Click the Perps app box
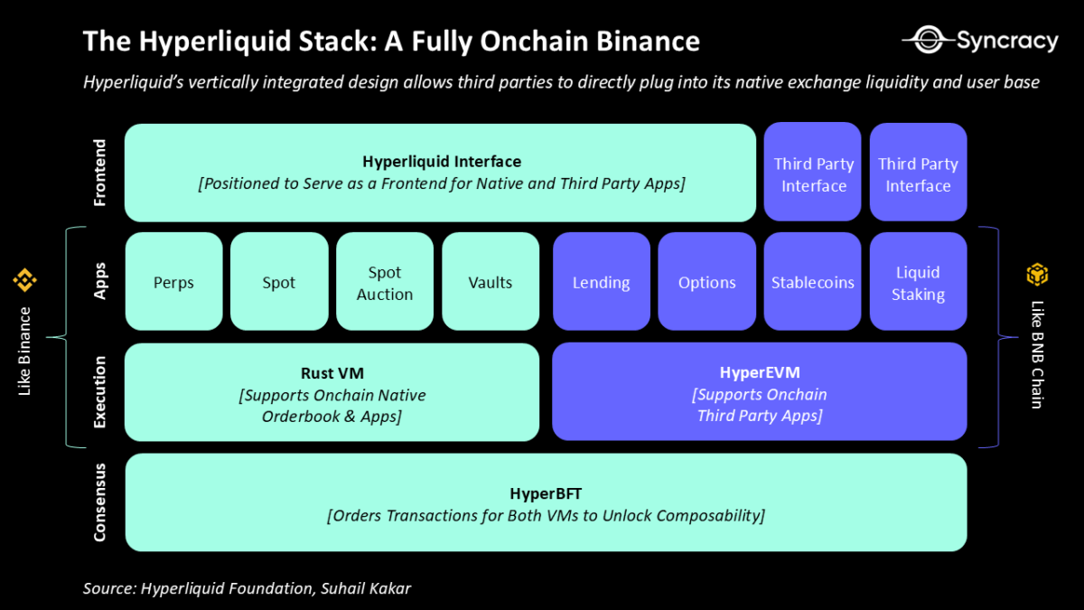(173, 282)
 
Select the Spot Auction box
(385, 282)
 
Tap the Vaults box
(491, 282)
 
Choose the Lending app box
(601, 282)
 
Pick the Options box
(706, 282)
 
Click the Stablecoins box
(812, 282)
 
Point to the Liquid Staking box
(918, 282)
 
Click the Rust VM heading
(332, 373)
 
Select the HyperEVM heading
(760, 372)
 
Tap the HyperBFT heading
(546, 493)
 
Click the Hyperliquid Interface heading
(442, 162)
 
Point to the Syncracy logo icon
(928, 41)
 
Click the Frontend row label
(99, 173)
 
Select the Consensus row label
(99, 502)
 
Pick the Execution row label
(99, 391)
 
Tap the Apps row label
(99, 281)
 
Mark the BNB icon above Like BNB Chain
(1036, 274)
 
